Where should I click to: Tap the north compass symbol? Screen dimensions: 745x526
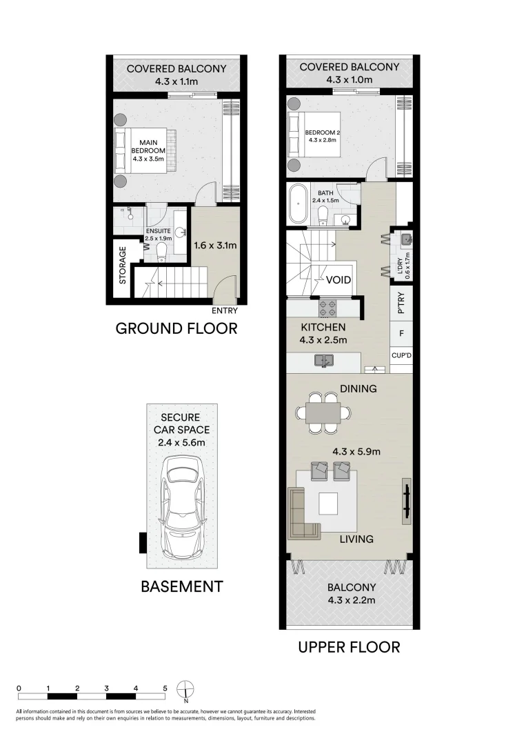point(186,690)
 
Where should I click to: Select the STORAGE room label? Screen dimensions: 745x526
point(123,266)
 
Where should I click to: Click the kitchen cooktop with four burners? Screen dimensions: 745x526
point(327,307)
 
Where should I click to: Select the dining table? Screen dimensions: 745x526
point(323,413)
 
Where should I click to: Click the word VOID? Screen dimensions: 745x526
point(338,280)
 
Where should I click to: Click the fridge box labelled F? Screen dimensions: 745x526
point(401,334)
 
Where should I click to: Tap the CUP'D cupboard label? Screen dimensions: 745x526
point(401,356)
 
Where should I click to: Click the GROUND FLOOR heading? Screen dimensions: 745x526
point(176,328)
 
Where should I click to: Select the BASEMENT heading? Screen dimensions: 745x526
point(182,587)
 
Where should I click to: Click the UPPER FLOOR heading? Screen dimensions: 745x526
point(349,647)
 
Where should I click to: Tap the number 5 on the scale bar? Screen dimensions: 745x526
point(165,688)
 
